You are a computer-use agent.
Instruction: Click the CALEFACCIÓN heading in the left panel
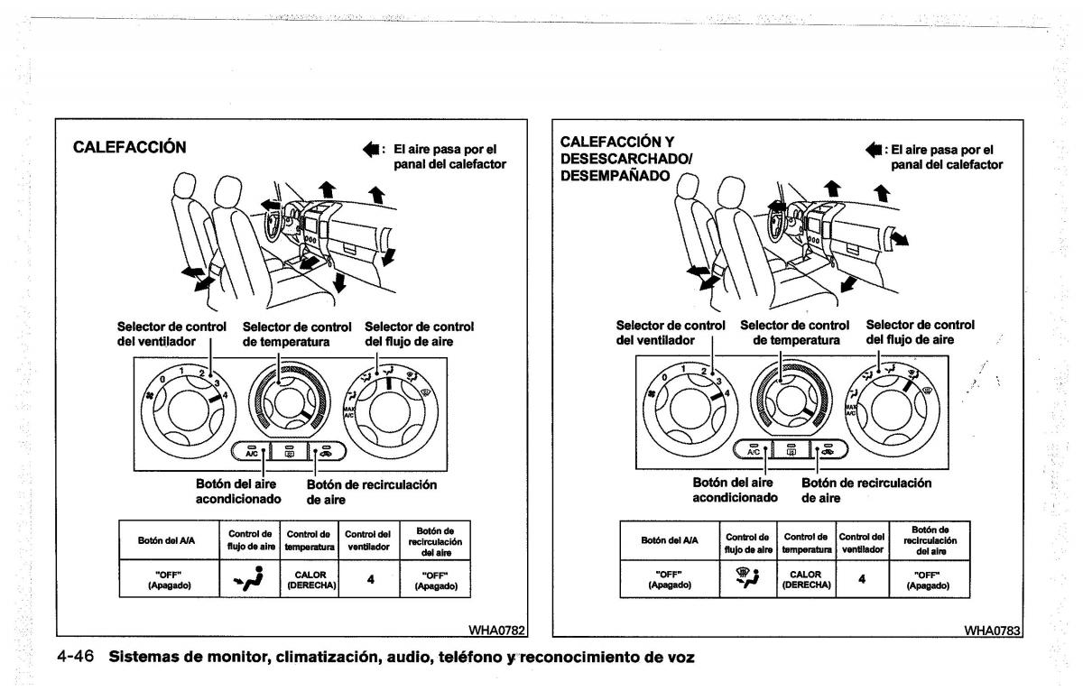[x=129, y=148]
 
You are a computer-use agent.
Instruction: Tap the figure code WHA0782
[x=495, y=629]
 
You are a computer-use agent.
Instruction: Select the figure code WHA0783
[x=993, y=630]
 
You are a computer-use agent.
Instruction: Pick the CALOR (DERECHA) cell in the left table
[x=311, y=579]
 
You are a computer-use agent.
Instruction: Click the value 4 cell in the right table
[x=861, y=579]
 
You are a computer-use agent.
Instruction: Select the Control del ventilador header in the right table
[x=861, y=540]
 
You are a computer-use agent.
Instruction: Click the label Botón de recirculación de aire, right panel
[x=866, y=490]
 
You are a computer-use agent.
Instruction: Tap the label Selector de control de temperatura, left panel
[x=297, y=334]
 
